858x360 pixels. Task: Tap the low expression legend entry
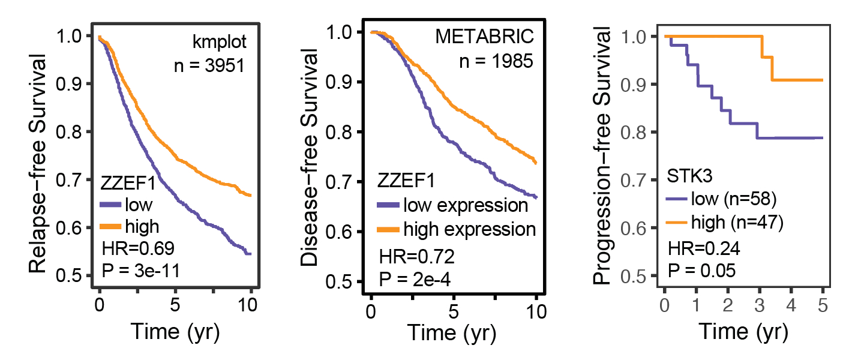click(x=466, y=205)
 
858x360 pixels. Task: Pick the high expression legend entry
click(x=469, y=229)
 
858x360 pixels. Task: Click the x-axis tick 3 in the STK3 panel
click(x=758, y=307)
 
